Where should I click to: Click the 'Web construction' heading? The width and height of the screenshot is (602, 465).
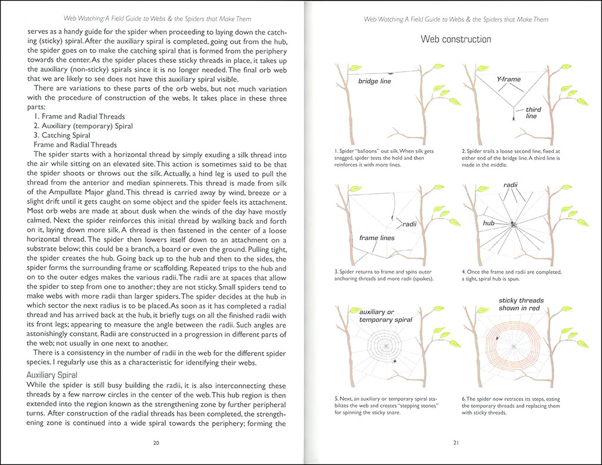pyautogui.click(x=456, y=39)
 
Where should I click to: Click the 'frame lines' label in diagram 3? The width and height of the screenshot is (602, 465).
pyautogui.click(x=377, y=238)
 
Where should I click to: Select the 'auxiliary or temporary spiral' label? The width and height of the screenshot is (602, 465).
pyautogui.click(x=385, y=315)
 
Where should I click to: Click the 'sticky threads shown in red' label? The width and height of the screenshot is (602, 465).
pyautogui.click(x=521, y=304)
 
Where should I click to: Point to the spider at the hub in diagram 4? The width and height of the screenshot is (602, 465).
pyautogui.click(x=513, y=224)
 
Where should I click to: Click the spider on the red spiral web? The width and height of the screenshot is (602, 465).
pyautogui.click(x=498, y=338)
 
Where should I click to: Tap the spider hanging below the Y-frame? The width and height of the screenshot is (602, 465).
pyautogui.click(x=514, y=117)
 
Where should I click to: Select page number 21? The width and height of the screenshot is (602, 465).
pyautogui.click(x=456, y=443)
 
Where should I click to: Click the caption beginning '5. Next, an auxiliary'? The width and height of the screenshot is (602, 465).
pyautogui.click(x=390, y=406)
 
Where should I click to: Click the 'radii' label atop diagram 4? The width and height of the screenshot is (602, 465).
pyautogui.click(x=510, y=185)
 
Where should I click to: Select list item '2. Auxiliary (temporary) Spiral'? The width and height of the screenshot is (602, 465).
pyautogui.click(x=83, y=126)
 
